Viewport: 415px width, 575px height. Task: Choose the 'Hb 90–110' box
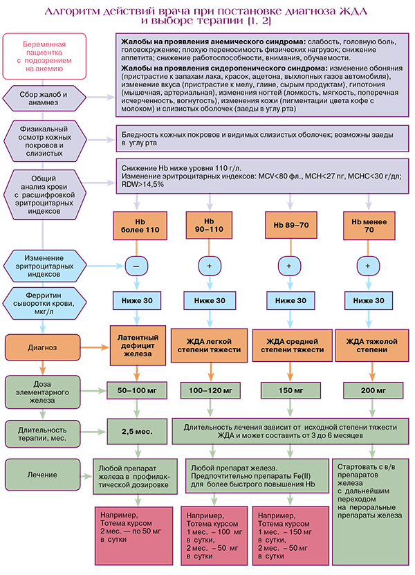pos(208,225)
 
